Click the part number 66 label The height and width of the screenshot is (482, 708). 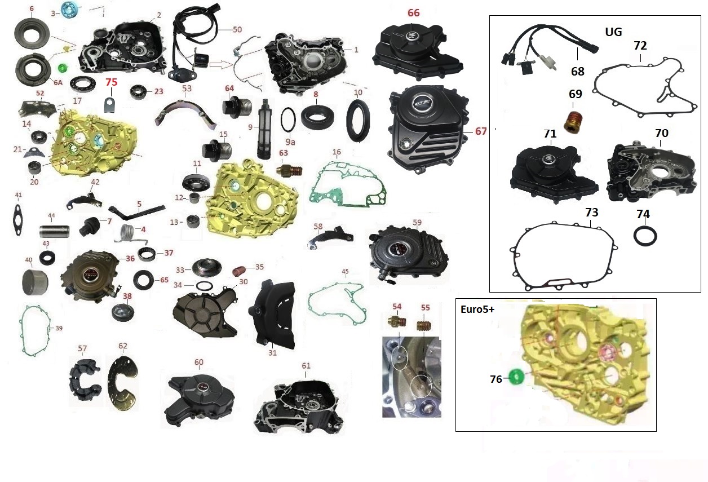tap(414, 12)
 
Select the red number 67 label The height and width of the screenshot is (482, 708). tap(480, 131)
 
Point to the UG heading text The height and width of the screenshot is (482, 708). tap(613, 32)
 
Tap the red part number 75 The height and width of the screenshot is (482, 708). tap(112, 82)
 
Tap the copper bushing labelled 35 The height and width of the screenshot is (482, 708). tap(240, 271)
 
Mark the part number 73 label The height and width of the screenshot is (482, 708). tap(591, 213)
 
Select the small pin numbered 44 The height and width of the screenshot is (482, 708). tap(54, 231)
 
